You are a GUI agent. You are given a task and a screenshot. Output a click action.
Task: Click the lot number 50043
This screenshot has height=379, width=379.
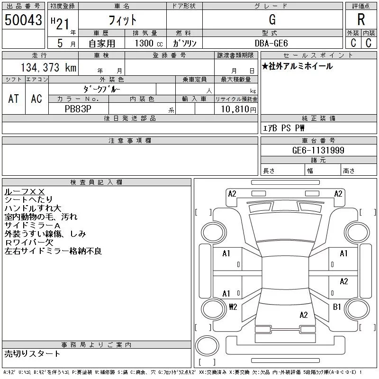coord(23,20)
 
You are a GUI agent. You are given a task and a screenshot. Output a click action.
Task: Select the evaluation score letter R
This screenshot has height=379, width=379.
coord(361,19)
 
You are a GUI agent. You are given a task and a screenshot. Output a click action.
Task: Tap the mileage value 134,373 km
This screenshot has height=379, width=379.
coord(49,67)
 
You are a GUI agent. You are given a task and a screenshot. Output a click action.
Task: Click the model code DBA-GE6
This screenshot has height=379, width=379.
coord(271,43)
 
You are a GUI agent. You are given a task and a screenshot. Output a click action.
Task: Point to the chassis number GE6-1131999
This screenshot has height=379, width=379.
coord(318,150)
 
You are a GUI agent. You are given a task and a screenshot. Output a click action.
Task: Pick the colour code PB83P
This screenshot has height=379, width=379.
coord(78,109)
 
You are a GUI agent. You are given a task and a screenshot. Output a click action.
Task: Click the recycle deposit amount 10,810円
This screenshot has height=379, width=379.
coord(239,109)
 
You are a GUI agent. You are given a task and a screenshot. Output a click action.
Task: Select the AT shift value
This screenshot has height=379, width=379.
coord(14,99)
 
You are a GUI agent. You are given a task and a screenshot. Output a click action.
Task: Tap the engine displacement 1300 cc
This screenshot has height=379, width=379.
coord(149,43)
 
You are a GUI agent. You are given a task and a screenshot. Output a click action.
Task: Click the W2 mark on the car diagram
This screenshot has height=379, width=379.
coord(233,307)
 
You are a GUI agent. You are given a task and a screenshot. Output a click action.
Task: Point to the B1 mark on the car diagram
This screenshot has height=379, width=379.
coord(337,307)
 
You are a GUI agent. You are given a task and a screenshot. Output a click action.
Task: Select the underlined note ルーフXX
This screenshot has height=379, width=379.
coord(25,192)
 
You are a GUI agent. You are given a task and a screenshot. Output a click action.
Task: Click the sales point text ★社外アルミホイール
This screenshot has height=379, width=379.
coord(298,66)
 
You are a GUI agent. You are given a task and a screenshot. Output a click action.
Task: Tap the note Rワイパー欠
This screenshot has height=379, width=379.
coord(29,243)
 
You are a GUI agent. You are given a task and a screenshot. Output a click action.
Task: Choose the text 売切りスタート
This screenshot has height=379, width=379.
coord(32,353)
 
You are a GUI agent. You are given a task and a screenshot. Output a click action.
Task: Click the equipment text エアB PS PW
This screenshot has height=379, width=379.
coord(283,128)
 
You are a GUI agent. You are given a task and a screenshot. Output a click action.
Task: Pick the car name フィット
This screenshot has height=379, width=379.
coord(123,20)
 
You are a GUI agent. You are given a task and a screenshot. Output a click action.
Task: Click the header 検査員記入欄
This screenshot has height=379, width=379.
coord(96,182)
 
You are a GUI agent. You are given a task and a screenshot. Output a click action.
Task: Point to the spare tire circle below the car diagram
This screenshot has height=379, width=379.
coord(207,346)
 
